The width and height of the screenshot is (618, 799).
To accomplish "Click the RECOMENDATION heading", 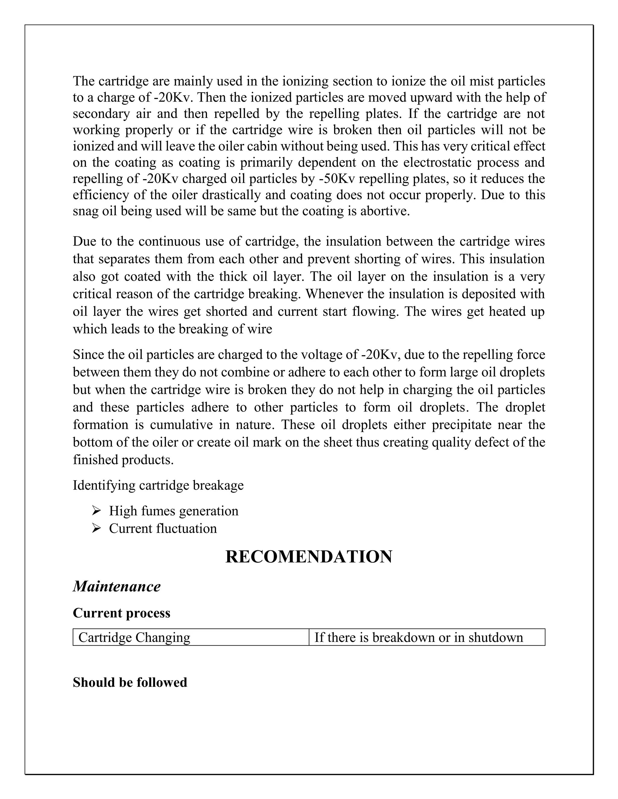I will (x=309, y=557).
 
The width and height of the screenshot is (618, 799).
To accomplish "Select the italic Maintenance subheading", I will (x=116, y=586).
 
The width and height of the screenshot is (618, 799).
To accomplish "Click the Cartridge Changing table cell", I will (x=134, y=637).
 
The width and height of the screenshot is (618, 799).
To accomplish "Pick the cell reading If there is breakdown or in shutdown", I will (x=419, y=637).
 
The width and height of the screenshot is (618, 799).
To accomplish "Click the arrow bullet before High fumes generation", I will (x=96, y=510).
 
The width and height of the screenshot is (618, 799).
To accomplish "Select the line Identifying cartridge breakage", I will (x=158, y=485).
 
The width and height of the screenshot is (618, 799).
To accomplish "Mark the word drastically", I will (x=237, y=195).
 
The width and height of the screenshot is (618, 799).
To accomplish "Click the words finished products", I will (x=123, y=460).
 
